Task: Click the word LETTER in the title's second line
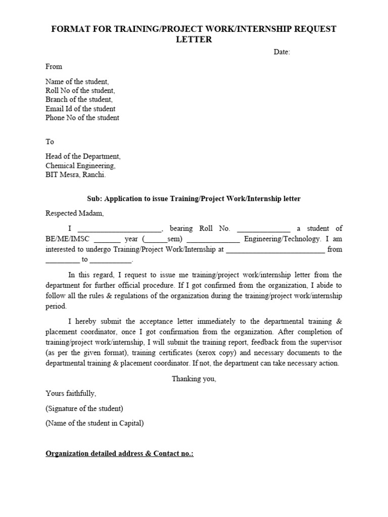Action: (194, 40)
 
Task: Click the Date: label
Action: (282, 53)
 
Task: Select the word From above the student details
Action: (54, 67)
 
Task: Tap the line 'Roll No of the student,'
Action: (80, 90)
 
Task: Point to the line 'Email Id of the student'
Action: (80, 109)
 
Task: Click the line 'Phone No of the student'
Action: (82, 118)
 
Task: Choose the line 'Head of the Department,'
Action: (83, 157)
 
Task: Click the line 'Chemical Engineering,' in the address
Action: (80, 166)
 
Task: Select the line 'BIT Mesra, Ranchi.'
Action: (76, 175)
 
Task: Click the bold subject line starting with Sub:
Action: (193, 198)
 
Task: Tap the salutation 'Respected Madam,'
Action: (74, 213)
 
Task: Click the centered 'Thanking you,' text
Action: (194, 379)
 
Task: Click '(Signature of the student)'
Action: (84, 408)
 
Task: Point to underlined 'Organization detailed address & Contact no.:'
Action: (120, 453)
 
